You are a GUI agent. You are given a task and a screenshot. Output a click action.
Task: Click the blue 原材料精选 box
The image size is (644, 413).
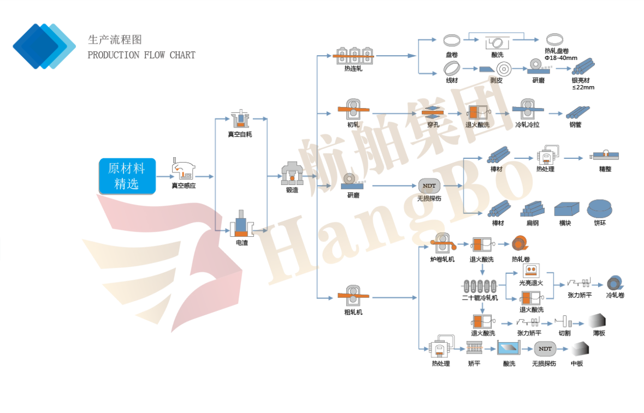click(x=127, y=176)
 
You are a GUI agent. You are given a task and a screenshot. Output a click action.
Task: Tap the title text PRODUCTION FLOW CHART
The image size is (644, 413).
click(x=141, y=55)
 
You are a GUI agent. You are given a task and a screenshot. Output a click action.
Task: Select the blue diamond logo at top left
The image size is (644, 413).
click(x=44, y=46)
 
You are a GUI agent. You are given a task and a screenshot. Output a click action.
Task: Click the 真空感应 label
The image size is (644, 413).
click(x=184, y=186)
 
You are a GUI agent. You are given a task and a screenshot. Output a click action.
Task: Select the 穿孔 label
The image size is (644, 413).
click(x=433, y=125)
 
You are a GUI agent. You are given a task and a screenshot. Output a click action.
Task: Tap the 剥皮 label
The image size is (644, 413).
click(x=496, y=80)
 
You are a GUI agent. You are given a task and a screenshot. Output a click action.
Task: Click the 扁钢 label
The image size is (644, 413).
click(x=533, y=223)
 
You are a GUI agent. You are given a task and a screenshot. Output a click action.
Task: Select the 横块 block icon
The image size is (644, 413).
click(x=566, y=209)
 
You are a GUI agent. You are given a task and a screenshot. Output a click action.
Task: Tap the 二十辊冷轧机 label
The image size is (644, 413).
click(x=480, y=298)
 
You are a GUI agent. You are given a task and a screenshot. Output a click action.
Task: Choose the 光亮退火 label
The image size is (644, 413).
click(x=531, y=283)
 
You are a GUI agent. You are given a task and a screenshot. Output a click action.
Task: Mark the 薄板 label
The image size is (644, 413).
click(x=599, y=333)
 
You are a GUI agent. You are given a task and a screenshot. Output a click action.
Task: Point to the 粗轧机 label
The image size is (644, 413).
click(x=353, y=312)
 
